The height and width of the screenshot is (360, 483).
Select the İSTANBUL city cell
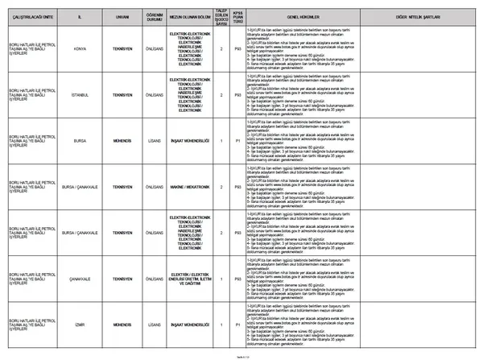[80, 95]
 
